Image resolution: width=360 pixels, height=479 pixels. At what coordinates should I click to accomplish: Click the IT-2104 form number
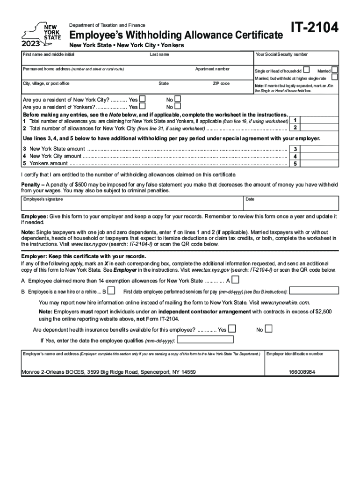pos(314,29)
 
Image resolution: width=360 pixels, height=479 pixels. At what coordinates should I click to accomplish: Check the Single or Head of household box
pos(306,70)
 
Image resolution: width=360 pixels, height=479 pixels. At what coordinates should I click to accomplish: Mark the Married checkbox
pos(335,70)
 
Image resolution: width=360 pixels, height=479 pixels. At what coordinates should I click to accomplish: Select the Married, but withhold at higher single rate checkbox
pos(335,77)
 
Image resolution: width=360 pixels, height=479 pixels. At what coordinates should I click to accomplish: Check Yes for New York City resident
pos(143,99)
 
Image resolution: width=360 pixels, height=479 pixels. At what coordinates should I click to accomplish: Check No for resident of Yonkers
pos(177,106)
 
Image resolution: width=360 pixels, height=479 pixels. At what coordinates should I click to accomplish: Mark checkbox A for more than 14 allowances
pos(235,280)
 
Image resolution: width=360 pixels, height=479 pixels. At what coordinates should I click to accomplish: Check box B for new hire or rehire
pos(111,291)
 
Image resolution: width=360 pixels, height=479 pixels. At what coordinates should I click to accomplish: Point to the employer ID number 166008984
pos(302,372)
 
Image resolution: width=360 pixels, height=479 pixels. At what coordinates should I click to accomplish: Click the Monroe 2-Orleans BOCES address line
pos(108,372)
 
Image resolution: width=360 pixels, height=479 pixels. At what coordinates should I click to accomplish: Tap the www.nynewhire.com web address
pos(285,302)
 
